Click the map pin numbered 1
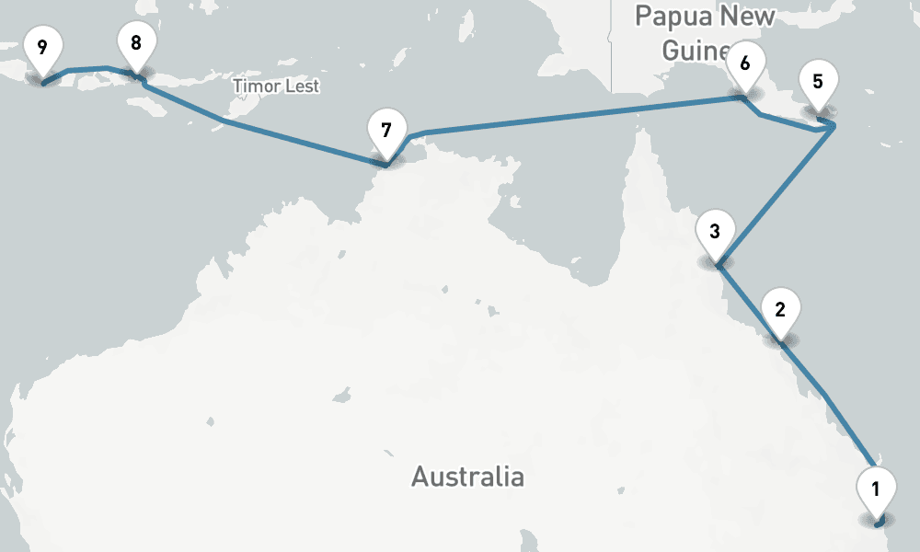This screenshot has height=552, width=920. pos(875,490)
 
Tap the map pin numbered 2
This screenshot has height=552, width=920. pos(780,311)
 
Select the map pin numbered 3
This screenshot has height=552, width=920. pos(715,233)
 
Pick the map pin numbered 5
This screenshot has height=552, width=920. pos(818,83)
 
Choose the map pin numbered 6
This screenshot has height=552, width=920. pos(744,65)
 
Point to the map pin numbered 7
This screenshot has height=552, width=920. pos(385,132)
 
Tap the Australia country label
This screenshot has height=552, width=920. pos(467,477)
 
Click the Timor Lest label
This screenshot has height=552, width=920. pos(276,86)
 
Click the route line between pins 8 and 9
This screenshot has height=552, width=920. pos(87,68)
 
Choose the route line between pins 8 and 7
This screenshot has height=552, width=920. pos(276,134)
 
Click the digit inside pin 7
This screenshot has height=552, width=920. pos(385,131)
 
